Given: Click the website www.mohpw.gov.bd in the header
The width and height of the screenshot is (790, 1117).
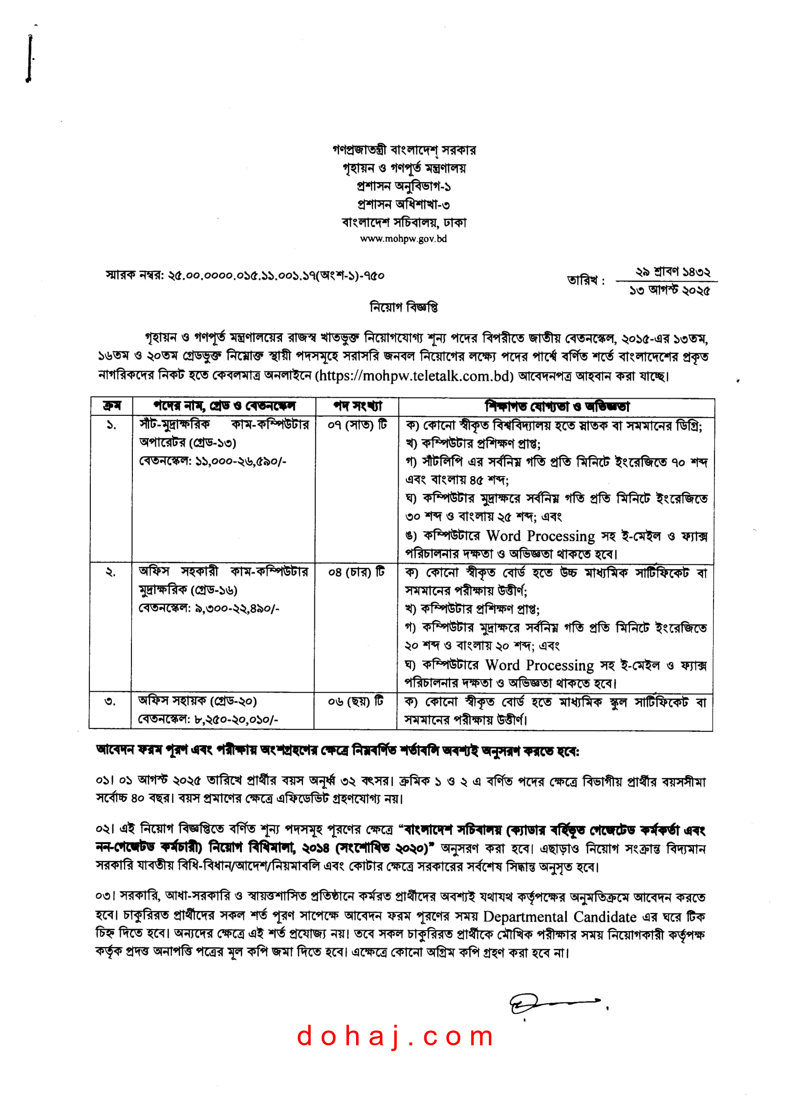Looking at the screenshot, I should pyautogui.click(x=403, y=239).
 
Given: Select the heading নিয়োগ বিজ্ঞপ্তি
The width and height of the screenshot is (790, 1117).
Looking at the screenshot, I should pyautogui.click(x=404, y=307).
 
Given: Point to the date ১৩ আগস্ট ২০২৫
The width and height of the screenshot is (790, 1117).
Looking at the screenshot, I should pyautogui.click(x=670, y=291).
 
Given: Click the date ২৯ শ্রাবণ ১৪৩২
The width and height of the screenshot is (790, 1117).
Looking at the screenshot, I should pyautogui.click(x=673, y=271).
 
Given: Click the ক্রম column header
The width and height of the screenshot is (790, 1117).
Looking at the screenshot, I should pyautogui.click(x=111, y=406).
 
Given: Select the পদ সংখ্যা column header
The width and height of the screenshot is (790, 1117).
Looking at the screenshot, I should pyautogui.click(x=357, y=406).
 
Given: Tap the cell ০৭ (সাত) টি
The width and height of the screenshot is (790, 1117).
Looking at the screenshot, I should pyautogui.click(x=357, y=425).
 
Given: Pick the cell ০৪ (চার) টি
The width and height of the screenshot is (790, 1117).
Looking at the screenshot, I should pyautogui.click(x=357, y=572).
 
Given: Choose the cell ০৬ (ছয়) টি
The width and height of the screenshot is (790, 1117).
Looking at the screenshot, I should pyautogui.click(x=356, y=701).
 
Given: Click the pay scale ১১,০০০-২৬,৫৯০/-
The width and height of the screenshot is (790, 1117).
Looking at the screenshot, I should pyautogui.click(x=241, y=461).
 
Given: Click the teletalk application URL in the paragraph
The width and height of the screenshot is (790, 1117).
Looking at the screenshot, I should pyautogui.click(x=414, y=376).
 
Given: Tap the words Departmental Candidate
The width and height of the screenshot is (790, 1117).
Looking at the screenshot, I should pyautogui.click(x=560, y=917).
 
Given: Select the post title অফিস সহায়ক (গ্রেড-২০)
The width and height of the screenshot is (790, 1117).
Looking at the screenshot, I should pyautogui.click(x=197, y=701).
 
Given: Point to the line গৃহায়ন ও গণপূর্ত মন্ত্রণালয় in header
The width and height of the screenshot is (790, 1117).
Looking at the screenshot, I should pyautogui.click(x=404, y=168).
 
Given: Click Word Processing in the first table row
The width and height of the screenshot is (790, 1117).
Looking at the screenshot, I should pyautogui.click(x=541, y=536).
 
